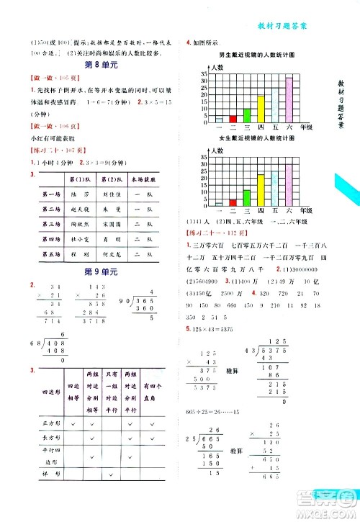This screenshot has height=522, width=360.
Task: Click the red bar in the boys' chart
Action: pyautogui.click(x=233, y=119)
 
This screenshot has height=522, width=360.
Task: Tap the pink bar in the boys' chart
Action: pyautogui.click(x=289, y=100)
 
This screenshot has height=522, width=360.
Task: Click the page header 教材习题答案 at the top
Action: pyautogui.click(x=283, y=27)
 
